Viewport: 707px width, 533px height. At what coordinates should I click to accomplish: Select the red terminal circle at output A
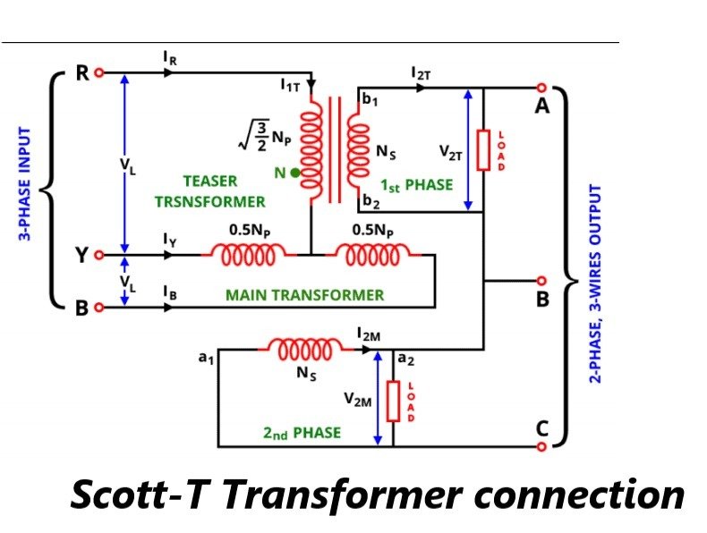point(541,88)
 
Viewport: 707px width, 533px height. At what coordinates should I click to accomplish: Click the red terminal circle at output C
point(541,444)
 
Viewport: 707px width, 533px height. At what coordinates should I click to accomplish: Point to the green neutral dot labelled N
point(295,173)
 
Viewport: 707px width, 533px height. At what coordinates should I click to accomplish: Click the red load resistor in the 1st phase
point(482,149)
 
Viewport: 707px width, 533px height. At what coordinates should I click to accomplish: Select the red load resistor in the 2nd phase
point(392,401)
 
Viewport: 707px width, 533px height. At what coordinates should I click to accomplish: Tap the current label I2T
point(421,73)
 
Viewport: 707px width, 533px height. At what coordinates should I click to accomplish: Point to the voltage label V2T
point(451,153)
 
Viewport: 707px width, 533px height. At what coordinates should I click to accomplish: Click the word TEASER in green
point(210,181)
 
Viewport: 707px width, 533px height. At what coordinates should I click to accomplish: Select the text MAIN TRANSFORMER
point(304,295)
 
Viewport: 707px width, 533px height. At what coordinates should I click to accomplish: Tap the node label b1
point(370,100)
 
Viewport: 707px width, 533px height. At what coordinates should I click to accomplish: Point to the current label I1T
point(291,86)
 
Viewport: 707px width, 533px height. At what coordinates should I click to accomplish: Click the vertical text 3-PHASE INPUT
point(26,184)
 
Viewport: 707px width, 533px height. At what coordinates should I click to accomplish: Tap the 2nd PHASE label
point(302,433)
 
